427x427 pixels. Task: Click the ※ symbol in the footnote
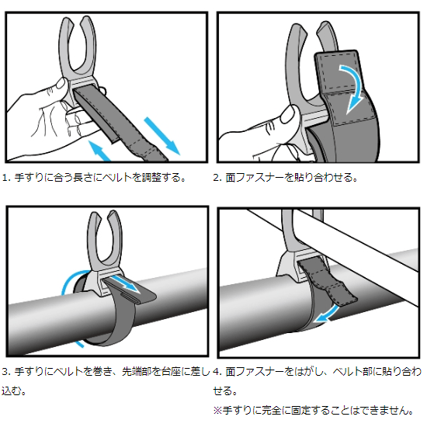pos(217,408)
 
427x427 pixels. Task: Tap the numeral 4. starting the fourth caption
pos(218,371)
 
